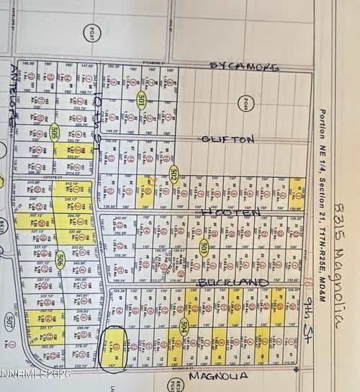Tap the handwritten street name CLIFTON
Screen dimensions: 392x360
[x=228, y=139]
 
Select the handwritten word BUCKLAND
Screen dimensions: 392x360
[x=233, y=281]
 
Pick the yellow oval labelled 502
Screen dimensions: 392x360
[x=174, y=174]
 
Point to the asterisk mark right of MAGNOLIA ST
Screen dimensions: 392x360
[x=296, y=369]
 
